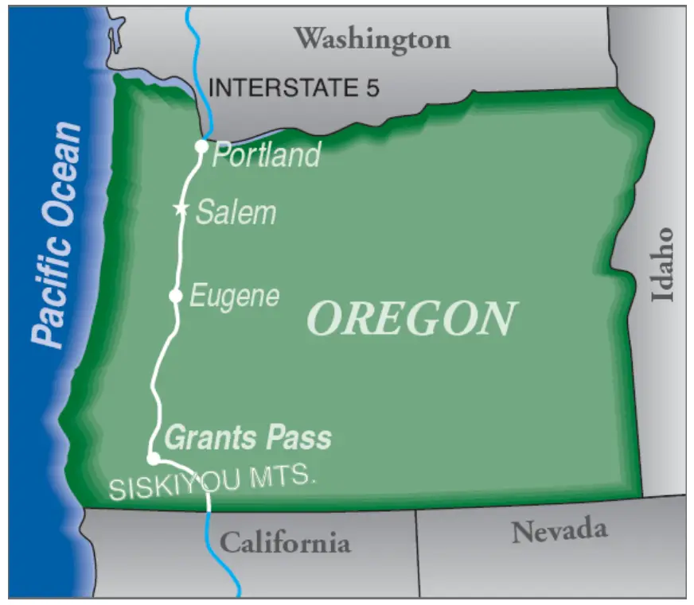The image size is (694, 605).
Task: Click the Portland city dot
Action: tap(202, 146)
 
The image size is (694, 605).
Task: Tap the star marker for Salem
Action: tap(181, 209)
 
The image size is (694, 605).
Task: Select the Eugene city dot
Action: tap(176, 296)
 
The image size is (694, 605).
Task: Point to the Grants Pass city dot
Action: tap(152, 458)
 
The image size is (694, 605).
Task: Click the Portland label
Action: tap(266, 154)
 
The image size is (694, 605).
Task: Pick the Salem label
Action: tap(236, 212)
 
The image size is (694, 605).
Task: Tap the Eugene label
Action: tap(235, 297)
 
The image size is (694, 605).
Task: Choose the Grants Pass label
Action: tap(248, 437)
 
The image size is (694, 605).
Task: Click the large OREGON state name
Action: tap(411, 318)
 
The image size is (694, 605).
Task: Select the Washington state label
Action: tap(372, 38)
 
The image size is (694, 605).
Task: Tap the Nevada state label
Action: tap(559, 530)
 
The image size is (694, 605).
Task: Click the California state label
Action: tap(284, 543)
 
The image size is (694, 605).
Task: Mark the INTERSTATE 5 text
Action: tap(294, 87)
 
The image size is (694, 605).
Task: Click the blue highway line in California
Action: tap(223, 557)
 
